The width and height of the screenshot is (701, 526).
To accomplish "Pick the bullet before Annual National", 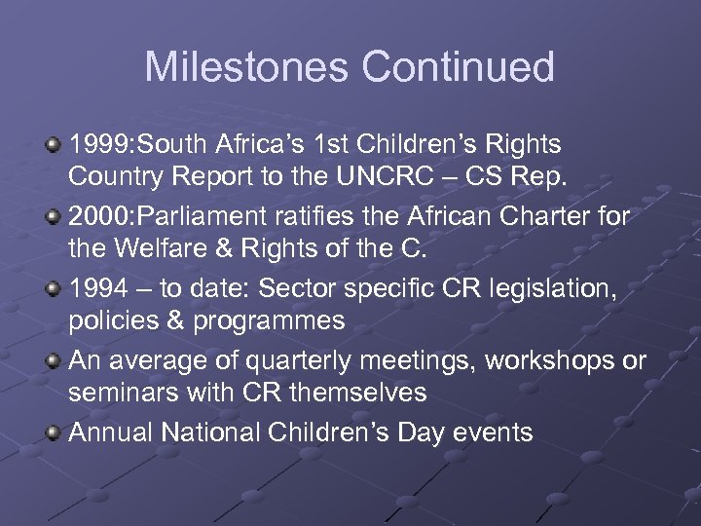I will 54,432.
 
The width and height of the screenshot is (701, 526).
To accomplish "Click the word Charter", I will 546,217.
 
